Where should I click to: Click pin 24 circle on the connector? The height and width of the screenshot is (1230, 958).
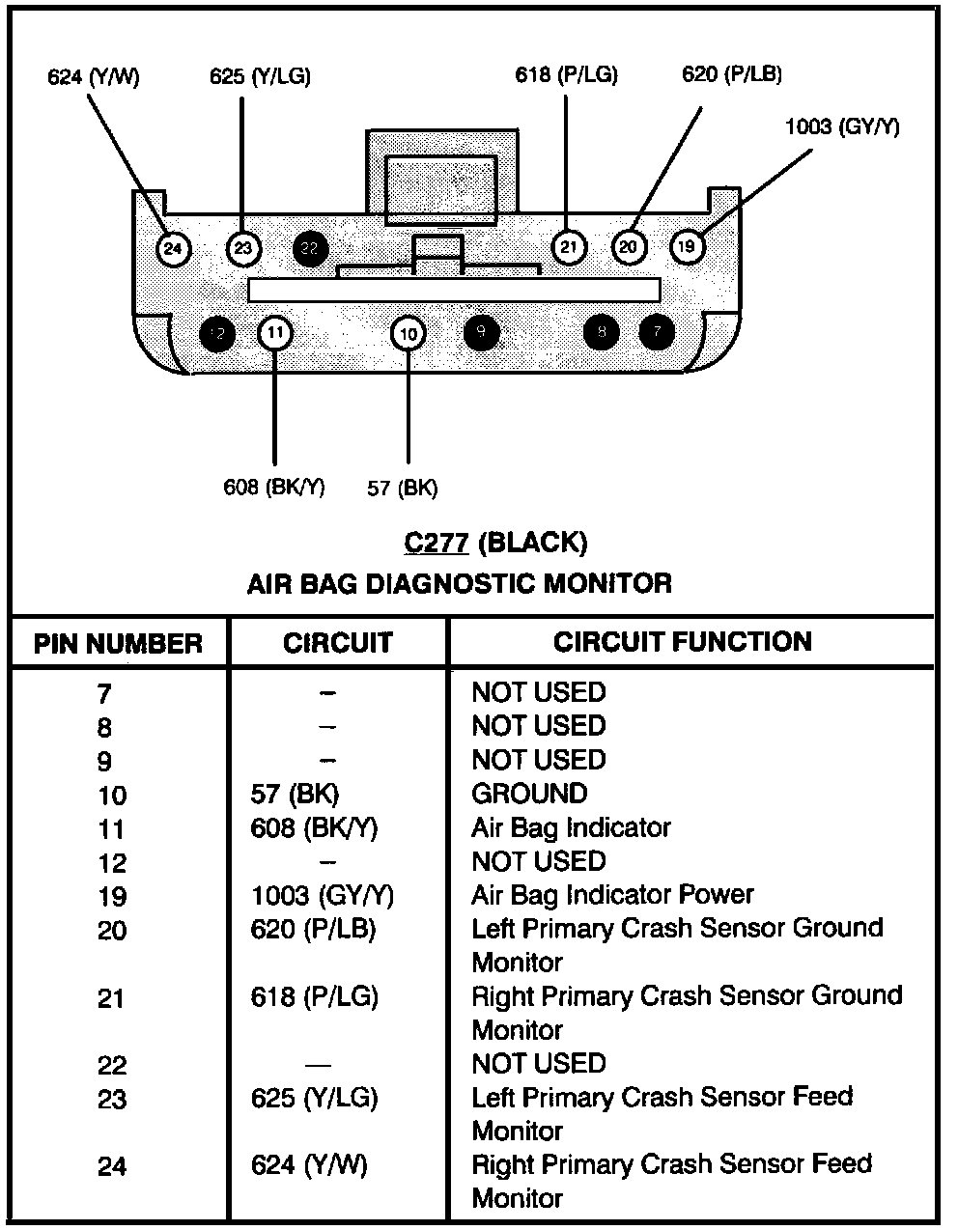[x=172, y=249]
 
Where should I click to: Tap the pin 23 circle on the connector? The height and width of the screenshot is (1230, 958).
[x=243, y=249]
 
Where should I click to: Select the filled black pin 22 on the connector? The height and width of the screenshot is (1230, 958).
[x=310, y=248]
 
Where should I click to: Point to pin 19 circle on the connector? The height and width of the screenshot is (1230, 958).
[x=686, y=246]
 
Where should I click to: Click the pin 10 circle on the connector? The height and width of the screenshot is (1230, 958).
[x=409, y=334]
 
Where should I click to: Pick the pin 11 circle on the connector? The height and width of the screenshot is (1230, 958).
[x=275, y=333]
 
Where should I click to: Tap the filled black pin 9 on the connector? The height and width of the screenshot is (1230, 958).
[x=481, y=333]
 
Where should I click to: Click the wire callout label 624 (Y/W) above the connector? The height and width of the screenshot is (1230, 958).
[x=94, y=77]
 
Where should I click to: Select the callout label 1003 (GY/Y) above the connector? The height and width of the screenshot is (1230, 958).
[x=842, y=126]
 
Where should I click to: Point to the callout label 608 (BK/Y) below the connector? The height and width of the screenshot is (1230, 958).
[x=274, y=487]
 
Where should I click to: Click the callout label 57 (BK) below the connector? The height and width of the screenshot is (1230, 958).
[x=403, y=488]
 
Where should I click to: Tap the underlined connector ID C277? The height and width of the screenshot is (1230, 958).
[x=437, y=543]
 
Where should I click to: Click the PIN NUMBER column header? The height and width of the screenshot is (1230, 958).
[x=119, y=644]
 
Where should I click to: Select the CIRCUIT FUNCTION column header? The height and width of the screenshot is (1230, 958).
[x=683, y=642]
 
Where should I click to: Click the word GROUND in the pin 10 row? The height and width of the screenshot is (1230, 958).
[x=529, y=794]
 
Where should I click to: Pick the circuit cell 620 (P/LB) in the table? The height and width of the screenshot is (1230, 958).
[x=314, y=929]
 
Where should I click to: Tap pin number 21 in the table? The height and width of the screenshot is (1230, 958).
[x=112, y=998]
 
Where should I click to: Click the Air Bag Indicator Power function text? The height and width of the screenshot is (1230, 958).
[x=612, y=895]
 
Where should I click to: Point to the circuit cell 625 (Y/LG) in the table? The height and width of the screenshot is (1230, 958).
[x=314, y=1098]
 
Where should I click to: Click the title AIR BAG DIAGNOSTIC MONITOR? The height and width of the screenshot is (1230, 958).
[x=460, y=583]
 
